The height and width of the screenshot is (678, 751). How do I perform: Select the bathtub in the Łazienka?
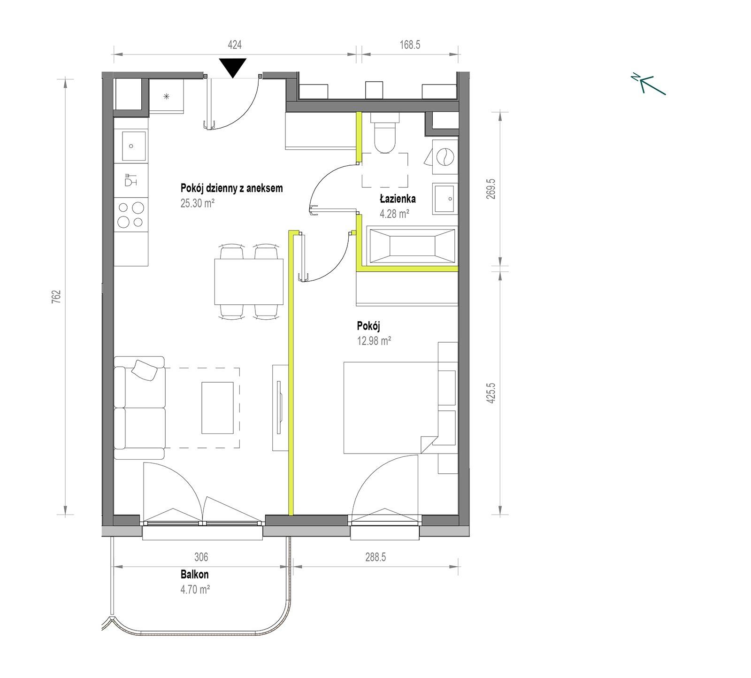point(412,245)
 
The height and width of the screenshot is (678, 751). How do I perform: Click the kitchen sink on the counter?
point(131,146)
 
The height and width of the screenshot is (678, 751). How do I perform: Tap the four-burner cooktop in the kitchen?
point(131,215)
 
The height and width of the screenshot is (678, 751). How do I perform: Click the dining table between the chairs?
point(249,282)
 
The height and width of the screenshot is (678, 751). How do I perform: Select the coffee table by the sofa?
point(217,408)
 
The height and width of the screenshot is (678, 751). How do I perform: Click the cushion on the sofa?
point(145,370)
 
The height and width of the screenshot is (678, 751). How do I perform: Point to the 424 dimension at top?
point(235,45)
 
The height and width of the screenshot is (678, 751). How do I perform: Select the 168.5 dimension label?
point(410,45)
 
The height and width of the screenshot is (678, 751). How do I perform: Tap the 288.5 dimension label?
point(375,557)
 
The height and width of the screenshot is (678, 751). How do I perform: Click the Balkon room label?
point(195,574)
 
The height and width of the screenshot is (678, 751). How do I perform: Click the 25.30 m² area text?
point(198,203)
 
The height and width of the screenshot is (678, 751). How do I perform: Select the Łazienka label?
point(398,199)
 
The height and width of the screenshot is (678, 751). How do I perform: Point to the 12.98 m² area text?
point(374,341)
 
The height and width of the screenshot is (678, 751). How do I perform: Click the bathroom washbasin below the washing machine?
point(444,198)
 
